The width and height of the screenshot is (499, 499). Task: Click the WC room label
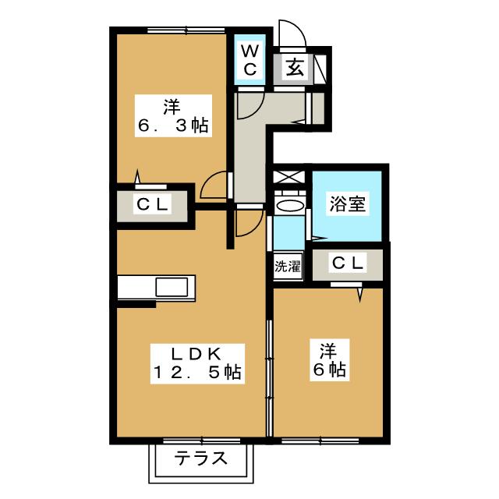[249, 59]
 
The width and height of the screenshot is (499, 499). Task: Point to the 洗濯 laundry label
[286, 266]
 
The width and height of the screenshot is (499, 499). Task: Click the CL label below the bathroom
[348, 263]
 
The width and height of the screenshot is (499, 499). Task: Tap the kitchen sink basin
[171, 287]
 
